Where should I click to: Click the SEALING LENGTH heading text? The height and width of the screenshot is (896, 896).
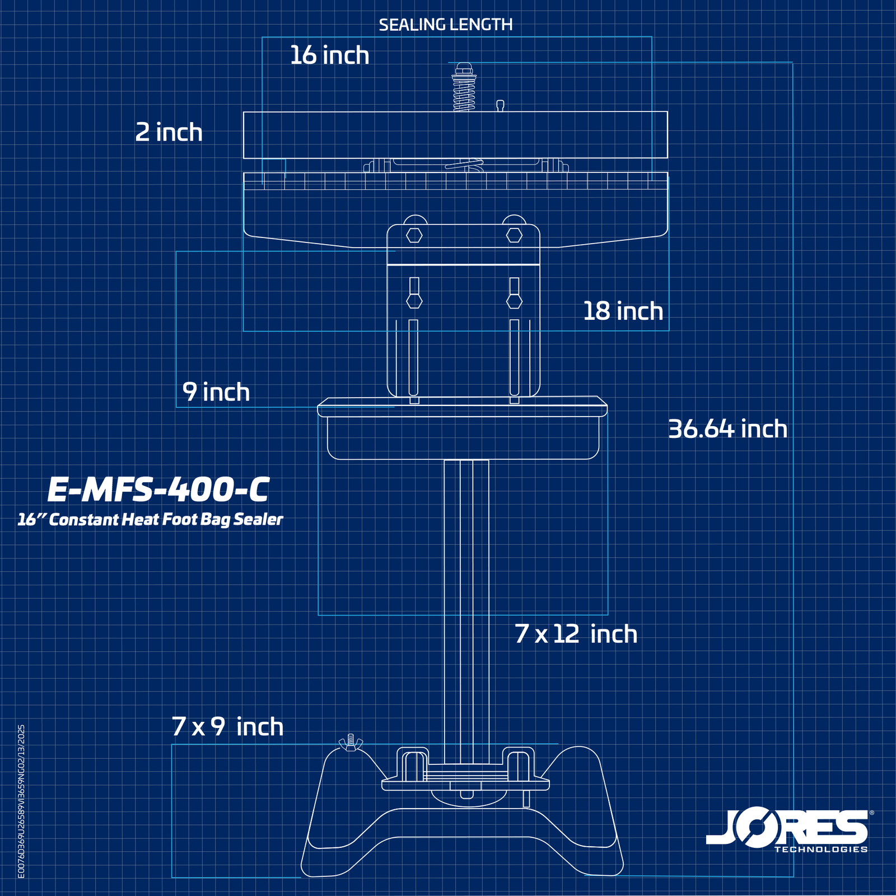[445, 25]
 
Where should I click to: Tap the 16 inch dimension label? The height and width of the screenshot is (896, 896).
[329, 55]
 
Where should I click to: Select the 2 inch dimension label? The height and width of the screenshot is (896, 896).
[169, 133]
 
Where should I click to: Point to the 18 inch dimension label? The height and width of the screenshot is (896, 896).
[623, 311]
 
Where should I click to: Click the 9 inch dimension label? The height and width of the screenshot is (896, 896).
[216, 392]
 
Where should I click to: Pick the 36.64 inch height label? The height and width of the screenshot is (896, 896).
[727, 429]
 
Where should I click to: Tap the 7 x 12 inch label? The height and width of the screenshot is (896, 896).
[576, 634]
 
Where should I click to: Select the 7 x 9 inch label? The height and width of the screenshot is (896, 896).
[227, 727]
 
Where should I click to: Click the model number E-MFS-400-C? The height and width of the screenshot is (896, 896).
[158, 489]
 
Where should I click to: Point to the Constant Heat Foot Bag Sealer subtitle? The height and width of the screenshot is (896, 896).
[150, 520]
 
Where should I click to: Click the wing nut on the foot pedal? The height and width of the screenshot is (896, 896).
[351, 743]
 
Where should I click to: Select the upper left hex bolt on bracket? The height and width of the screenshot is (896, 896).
[414, 235]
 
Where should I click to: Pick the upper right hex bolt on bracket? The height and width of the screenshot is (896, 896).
[514, 235]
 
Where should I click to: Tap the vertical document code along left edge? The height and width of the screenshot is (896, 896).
[21, 801]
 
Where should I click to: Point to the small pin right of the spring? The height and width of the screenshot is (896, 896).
[500, 105]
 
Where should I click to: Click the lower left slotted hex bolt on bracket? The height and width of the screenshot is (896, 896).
[414, 301]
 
